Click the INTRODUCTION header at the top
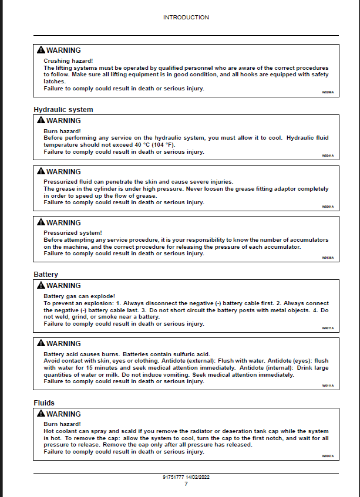tap(186, 18)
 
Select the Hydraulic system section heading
tap(63, 110)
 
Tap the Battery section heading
tap(46, 275)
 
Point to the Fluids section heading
tap(44, 403)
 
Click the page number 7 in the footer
tap(186, 484)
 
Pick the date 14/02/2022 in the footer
tap(198, 478)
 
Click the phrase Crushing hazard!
tap(68, 61)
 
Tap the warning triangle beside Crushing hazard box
tap(40, 50)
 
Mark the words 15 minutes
tap(97, 367)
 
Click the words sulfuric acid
tap(191, 354)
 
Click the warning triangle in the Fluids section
tap(40, 414)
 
